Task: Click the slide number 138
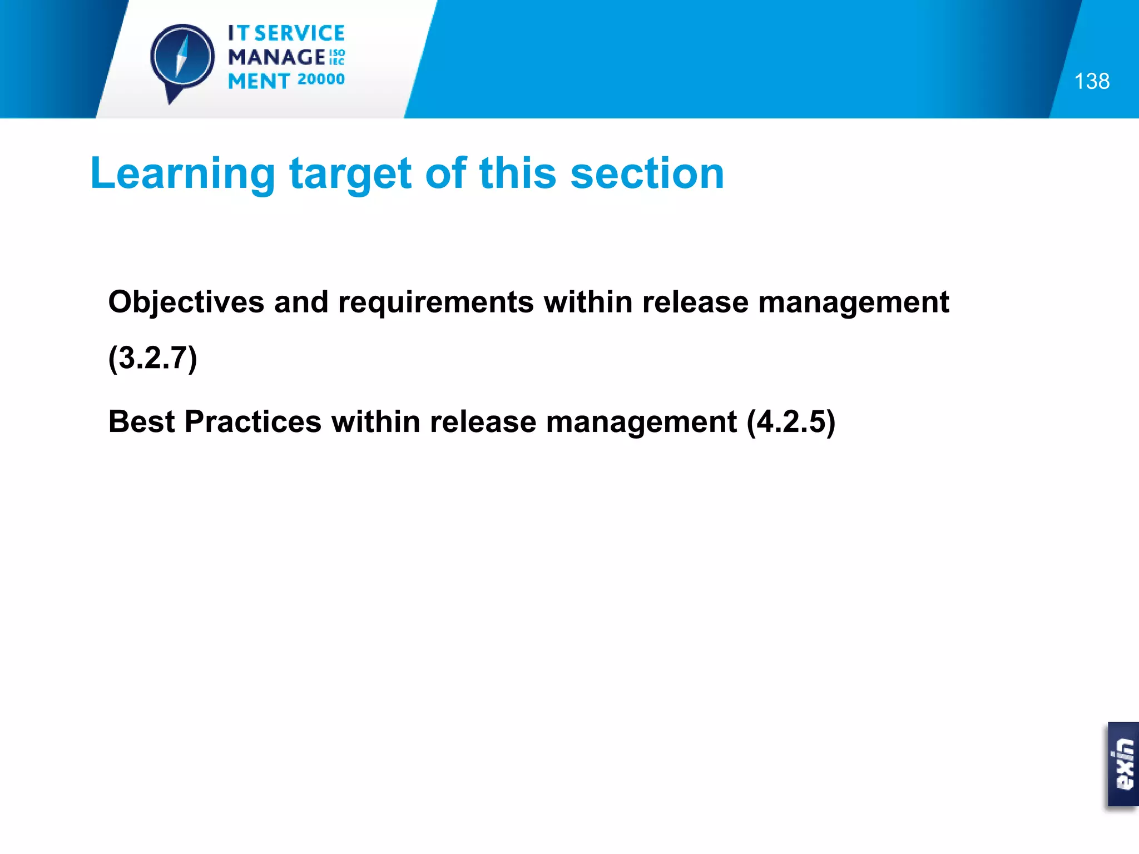tap(1091, 81)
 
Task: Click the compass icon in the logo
tap(182, 58)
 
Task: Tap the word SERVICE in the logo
tap(300, 33)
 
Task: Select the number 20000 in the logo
tap(321, 80)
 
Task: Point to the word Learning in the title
tap(182, 173)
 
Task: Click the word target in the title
tap(350, 173)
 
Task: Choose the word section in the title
tap(647, 173)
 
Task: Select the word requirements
tap(435, 302)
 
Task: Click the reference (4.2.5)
tap(790, 421)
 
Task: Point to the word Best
tap(141, 421)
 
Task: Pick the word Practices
tap(252, 421)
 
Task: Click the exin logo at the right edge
tap(1123, 764)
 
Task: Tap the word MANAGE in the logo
tap(276, 57)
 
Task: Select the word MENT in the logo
tap(259, 81)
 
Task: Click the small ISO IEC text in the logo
tap(337, 57)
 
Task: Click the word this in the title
tap(517, 173)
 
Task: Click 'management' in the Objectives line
tap(853, 302)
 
